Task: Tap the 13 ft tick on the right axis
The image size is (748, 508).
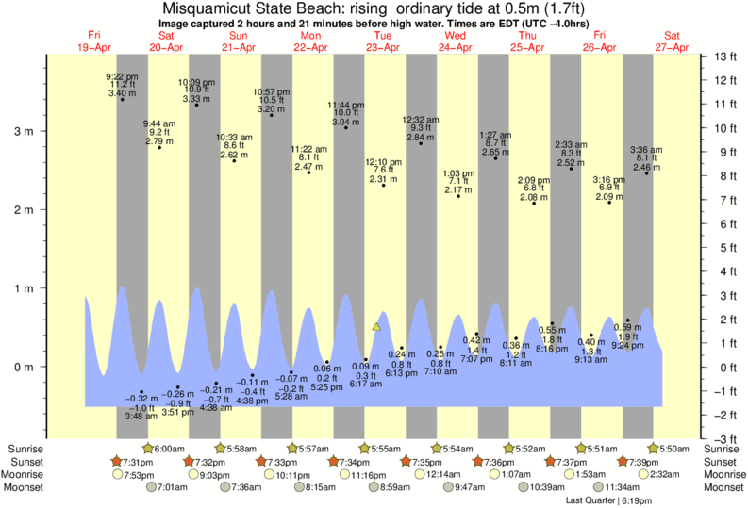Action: [724, 57]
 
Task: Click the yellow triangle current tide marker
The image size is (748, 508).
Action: [376, 326]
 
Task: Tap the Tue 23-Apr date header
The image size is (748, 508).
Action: [384, 41]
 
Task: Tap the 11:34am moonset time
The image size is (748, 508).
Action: [623, 487]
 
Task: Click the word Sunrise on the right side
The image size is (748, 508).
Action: [723, 448]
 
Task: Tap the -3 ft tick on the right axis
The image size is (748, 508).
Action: [724, 439]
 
